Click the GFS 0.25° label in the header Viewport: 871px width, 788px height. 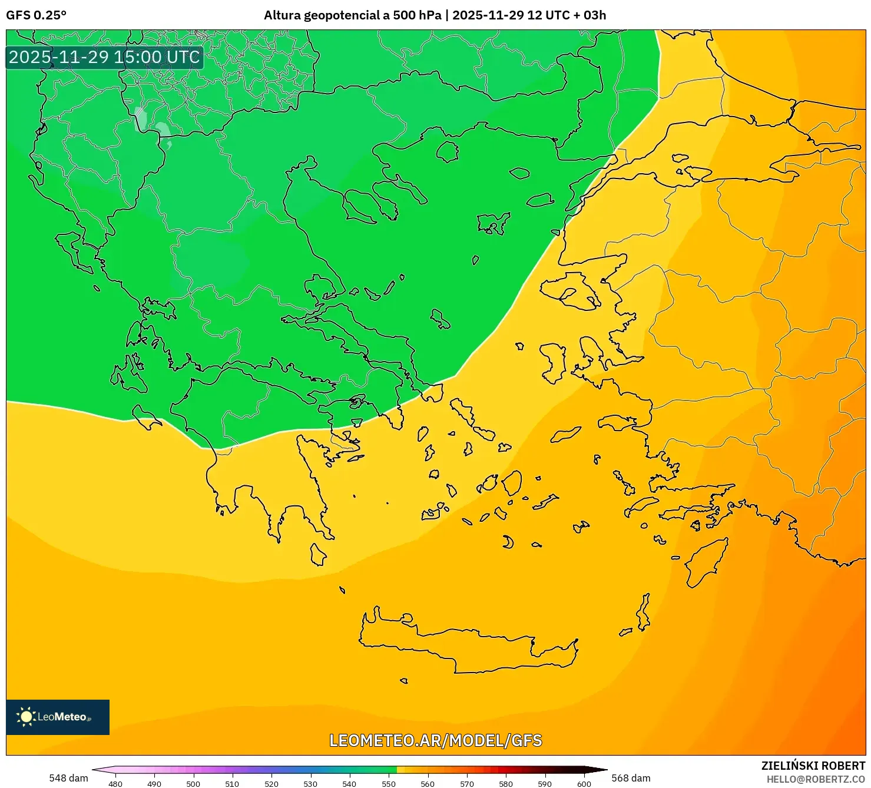pyautogui.click(x=36, y=15)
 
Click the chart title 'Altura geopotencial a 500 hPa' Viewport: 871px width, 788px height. pyautogui.click(x=352, y=15)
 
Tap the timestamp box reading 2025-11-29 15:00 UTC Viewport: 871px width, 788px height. pyautogui.click(x=104, y=57)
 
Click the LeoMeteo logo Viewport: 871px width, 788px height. pyautogui.click(x=58, y=717)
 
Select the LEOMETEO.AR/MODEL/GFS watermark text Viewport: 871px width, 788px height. pyautogui.click(x=435, y=740)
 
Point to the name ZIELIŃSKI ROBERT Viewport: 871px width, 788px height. pyautogui.click(x=813, y=766)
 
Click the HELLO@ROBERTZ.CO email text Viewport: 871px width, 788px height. pyautogui.click(x=816, y=779)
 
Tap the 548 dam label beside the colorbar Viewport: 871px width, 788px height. pyautogui.click(x=68, y=778)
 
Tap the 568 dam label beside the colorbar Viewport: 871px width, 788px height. pyautogui.click(x=631, y=778)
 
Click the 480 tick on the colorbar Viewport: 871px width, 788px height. pyautogui.click(x=115, y=784)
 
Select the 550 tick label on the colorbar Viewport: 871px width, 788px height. pyautogui.click(x=389, y=784)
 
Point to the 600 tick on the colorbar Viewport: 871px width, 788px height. pyautogui.click(x=584, y=784)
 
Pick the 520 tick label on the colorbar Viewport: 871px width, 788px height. pyautogui.click(x=271, y=784)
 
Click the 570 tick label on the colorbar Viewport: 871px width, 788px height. pyautogui.click(x=467, y=784)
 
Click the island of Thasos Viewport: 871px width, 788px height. pyautogui.click(x=448, y=151)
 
